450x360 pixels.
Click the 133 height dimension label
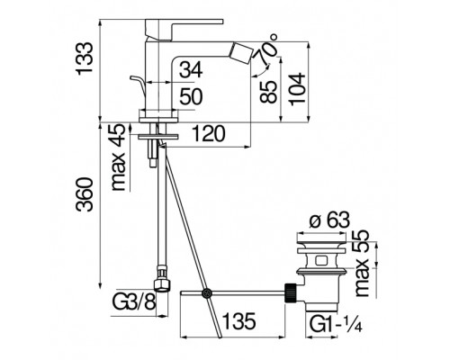tap(83, 59)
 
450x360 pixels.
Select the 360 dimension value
tap(84, 194)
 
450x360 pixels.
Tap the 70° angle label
tap(266, 50)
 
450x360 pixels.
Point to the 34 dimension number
tap(191, 70)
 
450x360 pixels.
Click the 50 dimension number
tap(191, 96)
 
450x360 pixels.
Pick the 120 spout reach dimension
tap(208, 134)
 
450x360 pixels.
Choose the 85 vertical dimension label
tap(268, 92)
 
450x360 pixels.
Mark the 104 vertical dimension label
tap(297, 89)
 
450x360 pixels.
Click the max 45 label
tap(118, 157)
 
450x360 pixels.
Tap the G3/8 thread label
tap(134, 302)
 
